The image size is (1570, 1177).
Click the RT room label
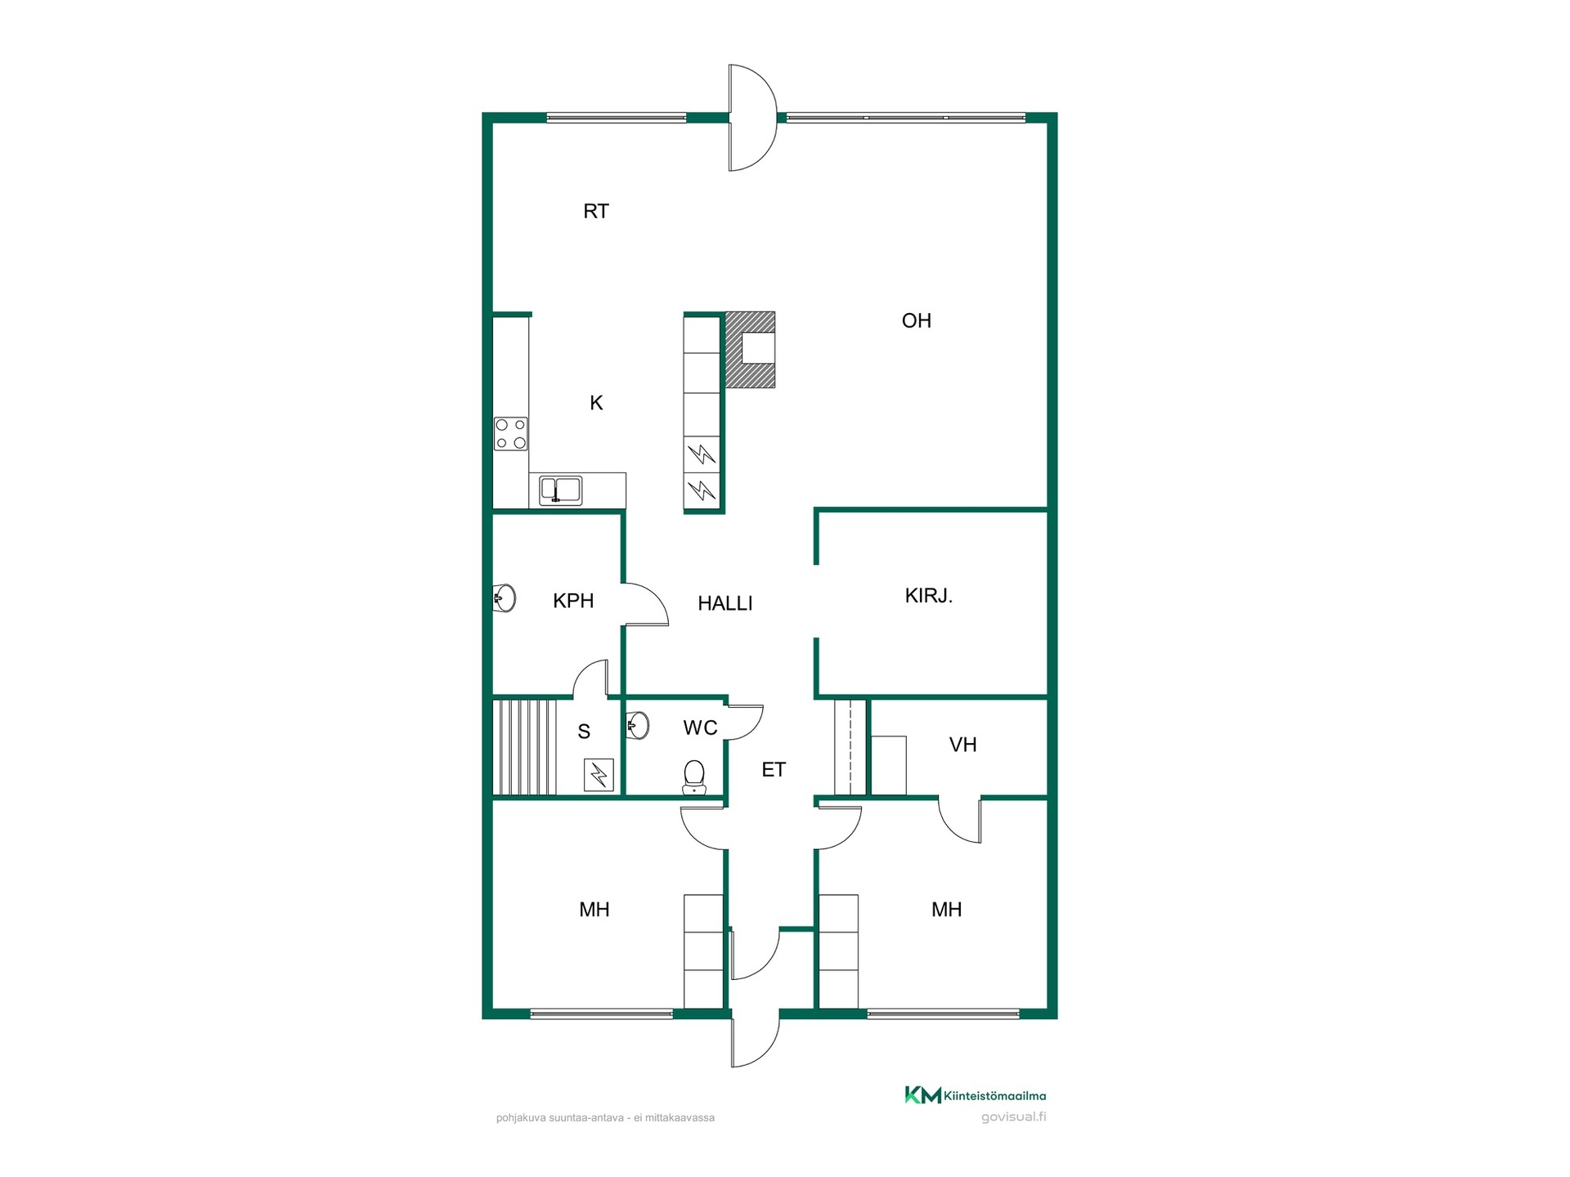595,211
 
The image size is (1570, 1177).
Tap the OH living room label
916,320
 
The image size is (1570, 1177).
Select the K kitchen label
596,402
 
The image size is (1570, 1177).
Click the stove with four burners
510,434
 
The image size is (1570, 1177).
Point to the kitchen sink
561,490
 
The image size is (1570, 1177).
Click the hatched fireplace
750,349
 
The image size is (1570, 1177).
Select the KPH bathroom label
572,601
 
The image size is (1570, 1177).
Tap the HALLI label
724,603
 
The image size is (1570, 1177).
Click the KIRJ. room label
928,595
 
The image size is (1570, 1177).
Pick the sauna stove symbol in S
599,775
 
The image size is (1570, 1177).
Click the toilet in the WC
693,777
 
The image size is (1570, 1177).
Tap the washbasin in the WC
638,725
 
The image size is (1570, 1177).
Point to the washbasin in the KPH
504,598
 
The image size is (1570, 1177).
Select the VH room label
962,745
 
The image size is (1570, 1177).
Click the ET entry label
773,769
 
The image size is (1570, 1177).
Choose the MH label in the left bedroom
594,909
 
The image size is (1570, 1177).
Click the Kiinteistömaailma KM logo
922,1095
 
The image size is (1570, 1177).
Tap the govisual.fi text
1013,1117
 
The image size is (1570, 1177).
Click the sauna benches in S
524,746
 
